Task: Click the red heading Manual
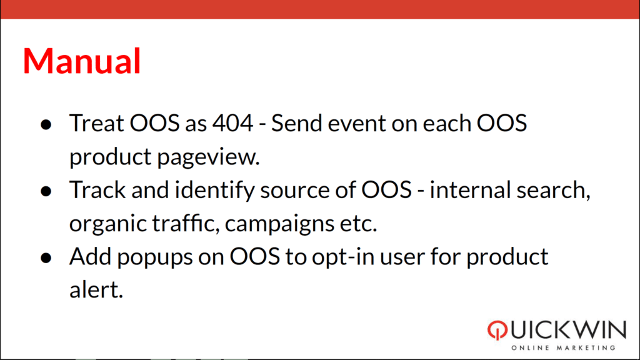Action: coord(82,61)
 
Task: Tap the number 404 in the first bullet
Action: coord(232,123)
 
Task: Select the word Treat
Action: coord(96,123)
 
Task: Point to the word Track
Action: coord(97,189)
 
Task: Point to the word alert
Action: coord(96,289)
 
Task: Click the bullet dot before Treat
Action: coord(46,124)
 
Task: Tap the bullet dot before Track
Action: coord(46,191)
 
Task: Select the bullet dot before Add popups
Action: coord(46,258)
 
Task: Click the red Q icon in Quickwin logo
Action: coord(497,330)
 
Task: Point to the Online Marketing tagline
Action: coord(563,347)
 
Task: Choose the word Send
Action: coord(296,123)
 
